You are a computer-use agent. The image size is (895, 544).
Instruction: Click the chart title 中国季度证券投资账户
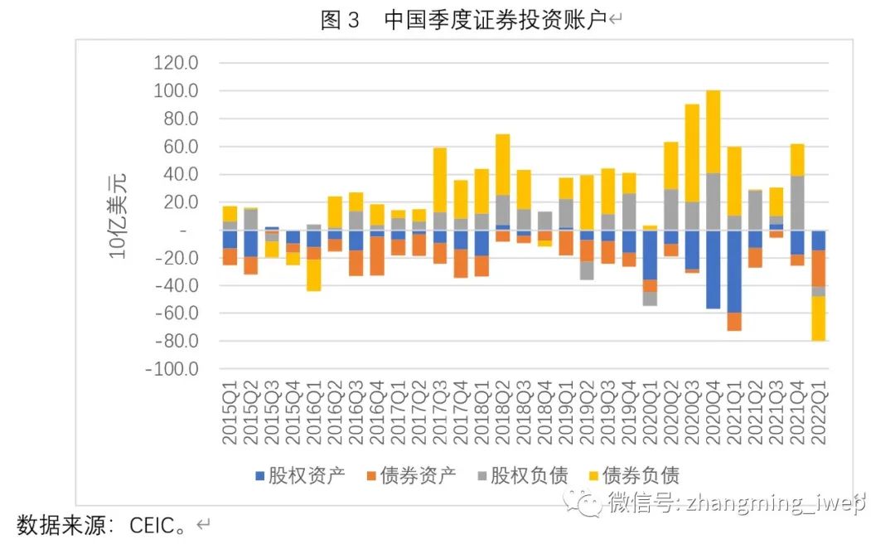(x=495, y=20)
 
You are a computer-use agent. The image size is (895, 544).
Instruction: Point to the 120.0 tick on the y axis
(x=175, y=63)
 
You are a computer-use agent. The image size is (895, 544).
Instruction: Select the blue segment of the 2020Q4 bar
(x=713, y=270)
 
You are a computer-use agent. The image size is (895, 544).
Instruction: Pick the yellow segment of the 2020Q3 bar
(x=692, y=153)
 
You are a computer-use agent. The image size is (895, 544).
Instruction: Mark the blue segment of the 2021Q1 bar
(x=734, y=271)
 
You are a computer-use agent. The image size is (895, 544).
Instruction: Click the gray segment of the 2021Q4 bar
(x=797, y=203)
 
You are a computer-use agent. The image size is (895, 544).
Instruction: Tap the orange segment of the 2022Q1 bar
(x=818, y=268)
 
